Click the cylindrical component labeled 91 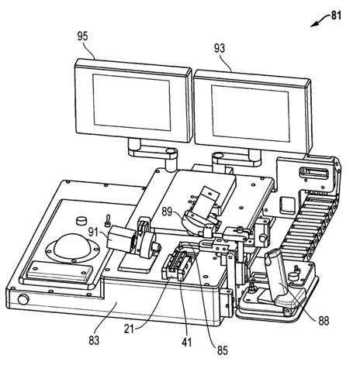click(x=123, y=239)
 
